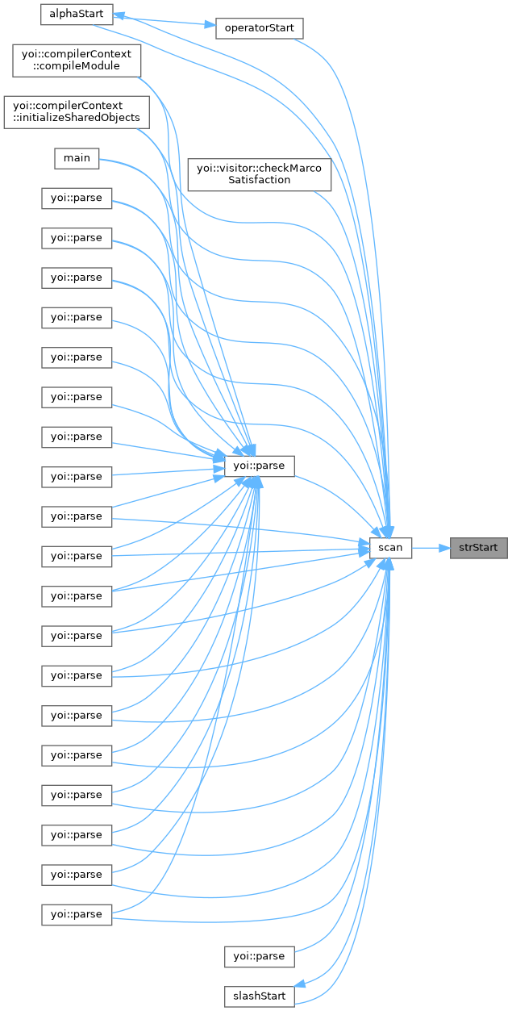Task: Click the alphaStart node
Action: point(77,15)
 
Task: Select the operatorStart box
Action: point(260,28)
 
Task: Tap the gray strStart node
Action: point(479,548)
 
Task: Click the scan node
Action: point(390,548)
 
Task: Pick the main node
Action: point(77,159)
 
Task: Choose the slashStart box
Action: point(260,996)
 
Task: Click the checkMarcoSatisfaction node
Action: point(260,174)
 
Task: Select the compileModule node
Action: point(77,61)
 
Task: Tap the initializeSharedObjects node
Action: point(77,112)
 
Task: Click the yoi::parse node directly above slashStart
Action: point(260,956)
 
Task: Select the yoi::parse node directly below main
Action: point(77,198)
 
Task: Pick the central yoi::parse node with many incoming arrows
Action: point(260,466)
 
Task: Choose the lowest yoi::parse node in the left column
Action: point(77,915)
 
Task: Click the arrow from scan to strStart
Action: point(431,549)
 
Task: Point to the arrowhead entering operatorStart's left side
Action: point(210,24)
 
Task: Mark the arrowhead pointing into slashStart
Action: point(299,983)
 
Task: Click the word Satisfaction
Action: point(260,180)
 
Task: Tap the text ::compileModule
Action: point(77,66)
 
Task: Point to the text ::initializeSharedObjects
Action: point(77,119)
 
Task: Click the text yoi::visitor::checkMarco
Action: point(260,169)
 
